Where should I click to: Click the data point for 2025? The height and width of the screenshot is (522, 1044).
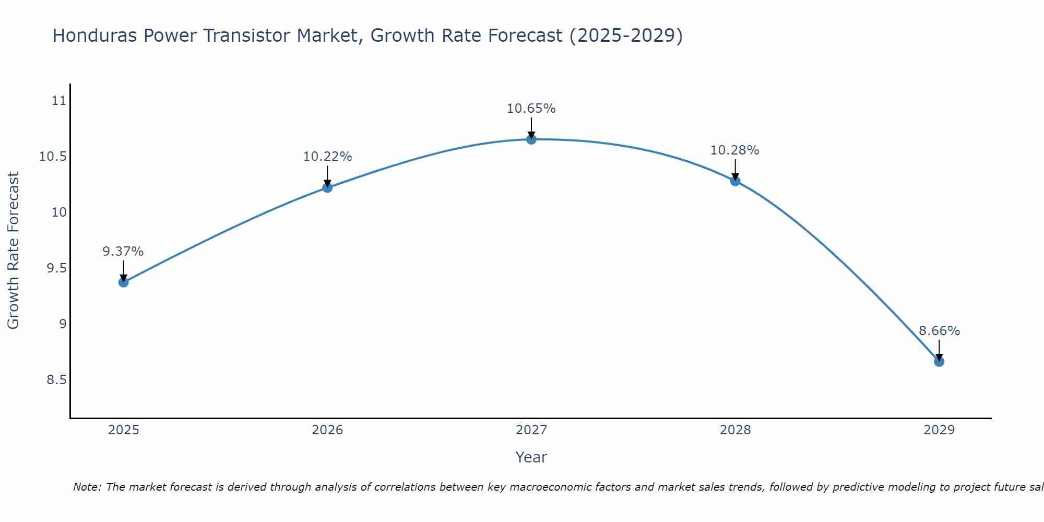[x=124, y=282]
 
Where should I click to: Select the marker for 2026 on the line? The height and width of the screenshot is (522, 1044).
[x=327, y=187]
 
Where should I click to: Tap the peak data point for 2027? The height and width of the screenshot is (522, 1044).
[x=531, y=139]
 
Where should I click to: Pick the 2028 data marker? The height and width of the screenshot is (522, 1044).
[x=735, y=181]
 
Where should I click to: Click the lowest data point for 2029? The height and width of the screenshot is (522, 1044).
[x=939, y=362]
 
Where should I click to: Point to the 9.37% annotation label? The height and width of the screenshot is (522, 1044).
[x=123, y=252]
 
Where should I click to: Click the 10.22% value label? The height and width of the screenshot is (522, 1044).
[x=327, y=157]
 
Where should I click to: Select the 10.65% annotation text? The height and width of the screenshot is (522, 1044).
[x=531, y=109]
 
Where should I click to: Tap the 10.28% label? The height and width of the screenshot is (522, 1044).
[x=734, y=150]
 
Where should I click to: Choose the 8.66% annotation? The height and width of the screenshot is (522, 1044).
[x=939, y=331]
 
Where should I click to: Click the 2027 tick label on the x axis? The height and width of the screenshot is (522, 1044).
[x=531, y=430]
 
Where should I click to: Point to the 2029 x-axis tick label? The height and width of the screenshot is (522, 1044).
[x=939, y=430]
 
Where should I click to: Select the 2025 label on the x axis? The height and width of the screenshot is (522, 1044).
[x=124, y=430]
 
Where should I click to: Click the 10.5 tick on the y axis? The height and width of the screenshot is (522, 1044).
[x=53, y=157]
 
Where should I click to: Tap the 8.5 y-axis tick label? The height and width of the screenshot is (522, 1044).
[x=57, y=379]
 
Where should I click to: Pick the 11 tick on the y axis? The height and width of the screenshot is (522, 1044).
[x=59, y=101]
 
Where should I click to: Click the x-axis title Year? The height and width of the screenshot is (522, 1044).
[x=531, y=457]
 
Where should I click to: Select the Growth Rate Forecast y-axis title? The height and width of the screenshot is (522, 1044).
[x=13, y=251]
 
